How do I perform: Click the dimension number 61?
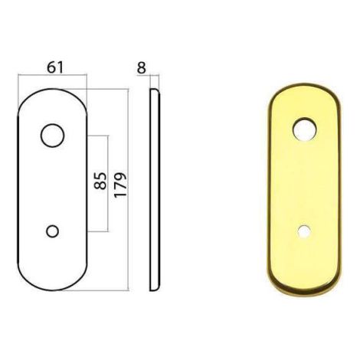55,67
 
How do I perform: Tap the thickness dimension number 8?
141,67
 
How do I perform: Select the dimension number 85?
100,181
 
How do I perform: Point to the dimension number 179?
120,185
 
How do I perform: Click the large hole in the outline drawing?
52,136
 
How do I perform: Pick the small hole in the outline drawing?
52,231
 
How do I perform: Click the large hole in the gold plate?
304,129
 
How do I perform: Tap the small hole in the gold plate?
304,231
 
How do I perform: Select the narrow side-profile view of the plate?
155,189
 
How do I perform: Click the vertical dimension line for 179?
127,189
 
